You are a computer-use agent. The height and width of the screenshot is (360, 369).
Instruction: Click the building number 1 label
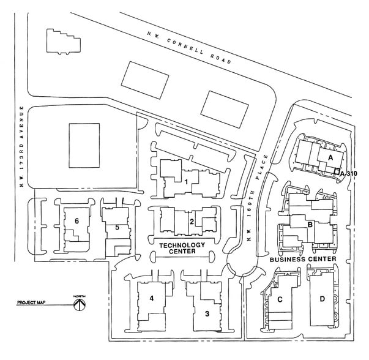point(187,182)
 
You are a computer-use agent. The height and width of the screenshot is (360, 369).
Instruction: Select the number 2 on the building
point(192,222)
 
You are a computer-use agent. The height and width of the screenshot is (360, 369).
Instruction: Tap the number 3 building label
point(207,313)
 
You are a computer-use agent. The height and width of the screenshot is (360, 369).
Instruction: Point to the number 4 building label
point(152,298)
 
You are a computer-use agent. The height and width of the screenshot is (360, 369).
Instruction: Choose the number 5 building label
point(117,227)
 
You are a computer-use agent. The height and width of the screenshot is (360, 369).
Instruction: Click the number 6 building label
point(76,221)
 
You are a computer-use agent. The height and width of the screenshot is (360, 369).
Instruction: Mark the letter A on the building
point(330,158)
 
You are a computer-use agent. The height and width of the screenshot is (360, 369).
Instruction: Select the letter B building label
point(310,225)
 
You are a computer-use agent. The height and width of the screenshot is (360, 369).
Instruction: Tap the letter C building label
point(280,299)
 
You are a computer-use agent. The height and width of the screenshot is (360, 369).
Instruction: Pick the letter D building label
point(322,299)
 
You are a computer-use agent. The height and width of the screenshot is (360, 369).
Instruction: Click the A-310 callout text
point(349,174)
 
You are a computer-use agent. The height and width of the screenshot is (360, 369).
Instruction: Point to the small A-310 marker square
point(337,171)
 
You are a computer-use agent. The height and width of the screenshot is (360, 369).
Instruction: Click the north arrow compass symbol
point(80,304)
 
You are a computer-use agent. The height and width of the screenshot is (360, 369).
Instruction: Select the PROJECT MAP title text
point(31,302)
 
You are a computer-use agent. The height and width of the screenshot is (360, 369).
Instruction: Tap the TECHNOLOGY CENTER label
point(182,249)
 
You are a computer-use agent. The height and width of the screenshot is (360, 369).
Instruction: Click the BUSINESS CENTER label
point(303,260)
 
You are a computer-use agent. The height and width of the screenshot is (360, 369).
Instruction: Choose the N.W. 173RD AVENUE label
point(21,146)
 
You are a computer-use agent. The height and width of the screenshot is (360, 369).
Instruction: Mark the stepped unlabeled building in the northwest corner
point(64,42)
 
